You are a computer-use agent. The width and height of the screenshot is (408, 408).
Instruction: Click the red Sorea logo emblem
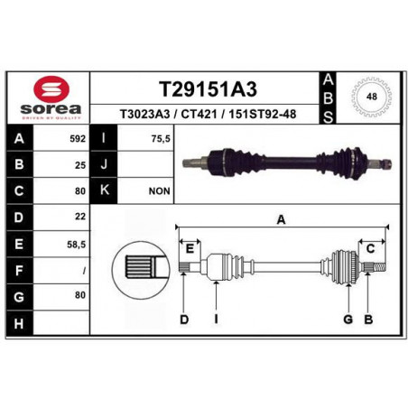click(x=51, y=88)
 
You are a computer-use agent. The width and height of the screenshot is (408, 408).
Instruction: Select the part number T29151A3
click(x=208, y=89)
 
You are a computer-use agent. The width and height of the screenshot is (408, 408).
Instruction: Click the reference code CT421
click(x=199, y=114)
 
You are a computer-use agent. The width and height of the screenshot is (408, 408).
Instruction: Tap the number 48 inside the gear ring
click(x=372, y=97)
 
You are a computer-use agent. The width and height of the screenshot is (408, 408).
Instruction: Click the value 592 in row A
click(x=78, y=139)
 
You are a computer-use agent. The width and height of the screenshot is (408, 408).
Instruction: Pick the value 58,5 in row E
click(x=77, y=245)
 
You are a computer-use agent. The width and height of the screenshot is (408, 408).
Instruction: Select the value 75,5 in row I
click(x=161, y=139)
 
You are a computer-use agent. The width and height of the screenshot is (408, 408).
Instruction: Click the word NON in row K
click(x=160, y=191)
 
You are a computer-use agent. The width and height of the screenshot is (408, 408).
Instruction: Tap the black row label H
click(x=19, y=324)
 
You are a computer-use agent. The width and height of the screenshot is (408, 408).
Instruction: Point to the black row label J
click(x=104, y=164)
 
